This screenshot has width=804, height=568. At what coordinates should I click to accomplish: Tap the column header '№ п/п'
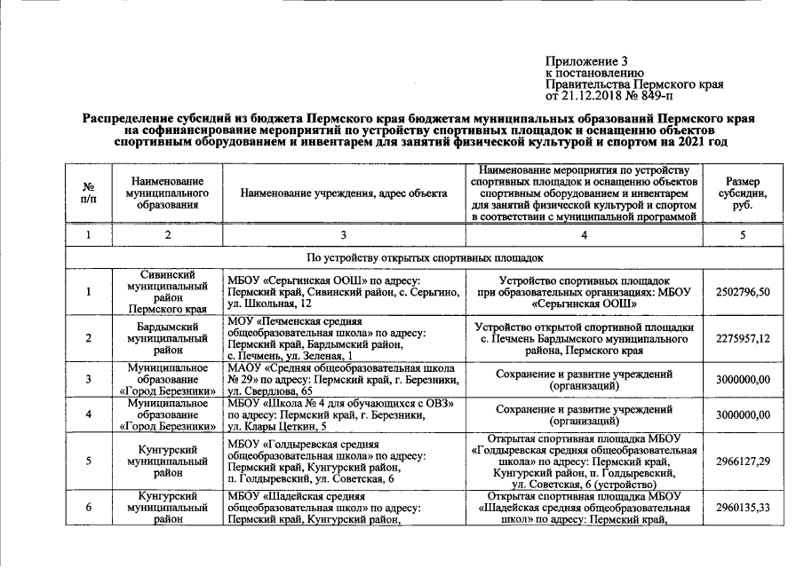pos(89,193)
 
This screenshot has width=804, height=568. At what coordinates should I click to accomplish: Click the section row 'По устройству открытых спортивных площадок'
pos(424,257)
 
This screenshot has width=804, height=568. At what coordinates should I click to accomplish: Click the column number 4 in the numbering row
pos(584,234)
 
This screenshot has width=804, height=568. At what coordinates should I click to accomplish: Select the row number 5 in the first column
pos(89,461)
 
